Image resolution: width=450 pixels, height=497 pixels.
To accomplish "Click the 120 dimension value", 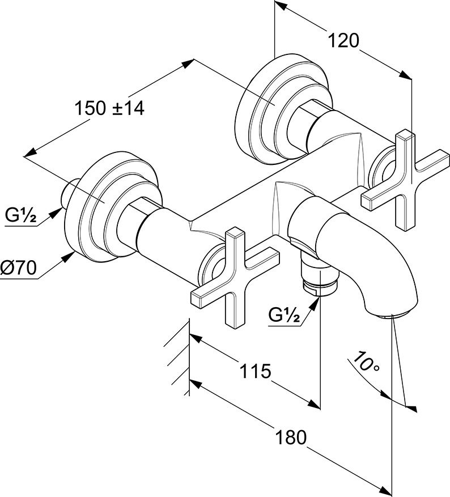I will click(x=344, y=40).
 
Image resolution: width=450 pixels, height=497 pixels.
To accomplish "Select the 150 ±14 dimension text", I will click(x=109, y=108).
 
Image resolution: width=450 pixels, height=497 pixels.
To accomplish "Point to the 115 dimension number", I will click(x=254, y=371).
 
